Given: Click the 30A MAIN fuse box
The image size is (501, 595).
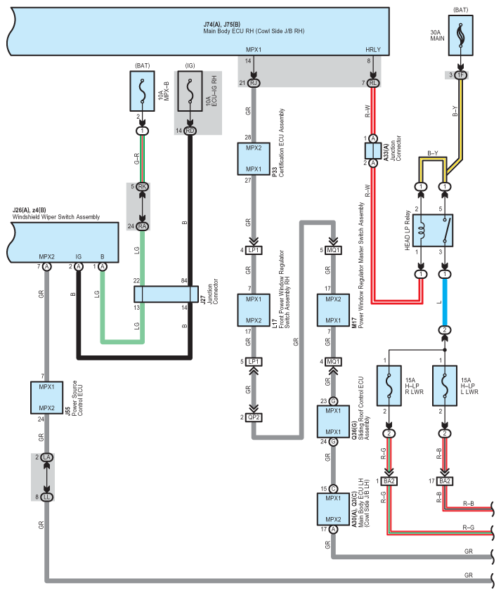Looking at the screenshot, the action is [461, 35].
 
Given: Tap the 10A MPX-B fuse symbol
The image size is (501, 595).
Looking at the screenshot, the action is [142, 91].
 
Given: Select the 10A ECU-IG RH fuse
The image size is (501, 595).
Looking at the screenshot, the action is [190, 91].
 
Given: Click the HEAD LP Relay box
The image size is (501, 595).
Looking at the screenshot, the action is [433, 230].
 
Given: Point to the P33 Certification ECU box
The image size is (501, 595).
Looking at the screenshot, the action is [254, 159].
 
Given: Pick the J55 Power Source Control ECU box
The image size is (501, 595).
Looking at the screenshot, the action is [46, 398].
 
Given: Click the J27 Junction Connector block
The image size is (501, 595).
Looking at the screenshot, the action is [167, 294].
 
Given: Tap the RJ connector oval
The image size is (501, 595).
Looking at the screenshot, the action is [254, 83].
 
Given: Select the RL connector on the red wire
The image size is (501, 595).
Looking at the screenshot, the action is [373, 83].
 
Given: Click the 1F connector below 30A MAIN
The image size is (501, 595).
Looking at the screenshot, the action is [461, 75].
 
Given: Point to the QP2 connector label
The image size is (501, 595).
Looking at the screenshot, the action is [254, 417].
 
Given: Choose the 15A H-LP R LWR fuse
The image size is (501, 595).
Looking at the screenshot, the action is [389, 386].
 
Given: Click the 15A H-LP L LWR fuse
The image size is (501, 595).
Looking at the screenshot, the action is [445, 386].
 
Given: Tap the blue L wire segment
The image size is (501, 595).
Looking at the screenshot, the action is [445, 302].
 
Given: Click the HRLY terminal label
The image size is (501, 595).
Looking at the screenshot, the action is [372, 50].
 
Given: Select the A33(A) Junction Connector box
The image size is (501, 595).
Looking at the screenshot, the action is [373, 150].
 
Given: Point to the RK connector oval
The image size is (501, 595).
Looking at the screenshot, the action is [143, 187].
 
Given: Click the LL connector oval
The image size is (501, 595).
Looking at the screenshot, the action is [46, 497].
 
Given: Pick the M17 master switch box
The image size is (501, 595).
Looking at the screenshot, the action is [333, 310].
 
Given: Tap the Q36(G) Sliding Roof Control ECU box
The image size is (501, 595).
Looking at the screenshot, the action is [333, 421].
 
